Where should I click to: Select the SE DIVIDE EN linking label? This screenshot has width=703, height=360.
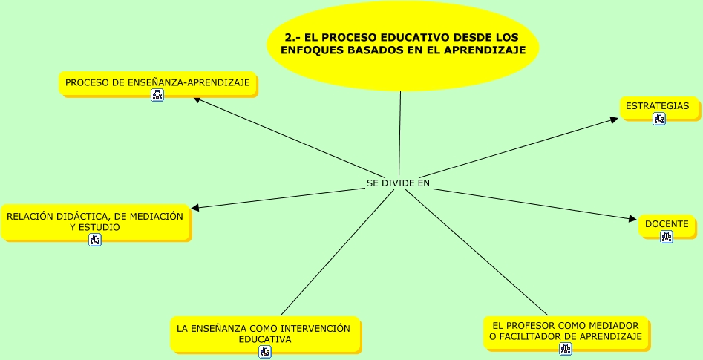tap(398, 183)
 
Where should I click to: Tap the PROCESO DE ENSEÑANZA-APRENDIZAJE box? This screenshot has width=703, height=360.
tap(157, 82)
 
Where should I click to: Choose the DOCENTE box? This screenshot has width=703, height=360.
tap(667, 224)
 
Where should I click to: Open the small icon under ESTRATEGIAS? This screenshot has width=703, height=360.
tap(659, 119)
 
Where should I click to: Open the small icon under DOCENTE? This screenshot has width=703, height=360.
tap(667, 236)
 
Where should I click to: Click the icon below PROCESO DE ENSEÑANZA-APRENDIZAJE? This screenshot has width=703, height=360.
tap(157, 95)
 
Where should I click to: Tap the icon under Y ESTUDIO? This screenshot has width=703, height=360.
tap(95, 239)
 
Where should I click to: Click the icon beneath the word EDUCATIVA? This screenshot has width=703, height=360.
tap(265, 351)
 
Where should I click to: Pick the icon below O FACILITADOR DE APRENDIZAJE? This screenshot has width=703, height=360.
tap(566, 348)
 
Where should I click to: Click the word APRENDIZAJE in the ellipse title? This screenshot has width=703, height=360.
tap(484, 50)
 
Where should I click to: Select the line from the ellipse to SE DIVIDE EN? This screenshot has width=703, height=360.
tap(399, 134)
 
